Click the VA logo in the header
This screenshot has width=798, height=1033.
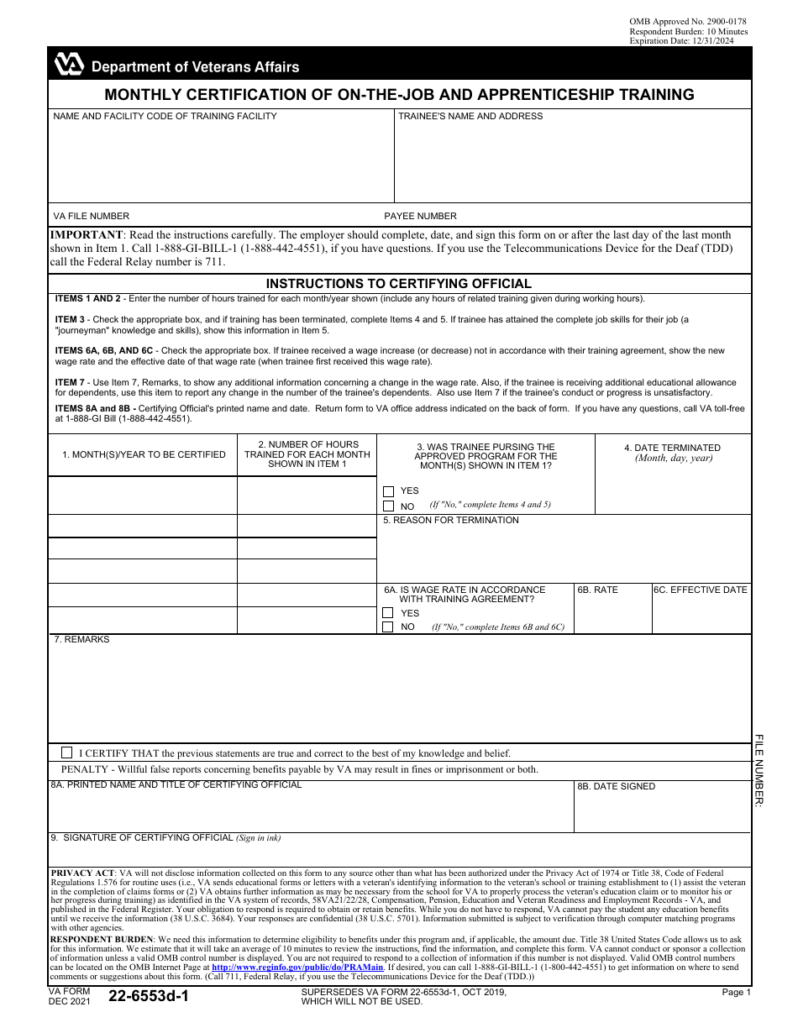(70, 64)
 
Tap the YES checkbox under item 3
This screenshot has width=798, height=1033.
(388, 491)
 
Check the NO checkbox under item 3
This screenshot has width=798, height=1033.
(388, 506)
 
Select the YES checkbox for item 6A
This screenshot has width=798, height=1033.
(388, 613)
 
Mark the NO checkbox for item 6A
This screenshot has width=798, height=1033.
(388, 627)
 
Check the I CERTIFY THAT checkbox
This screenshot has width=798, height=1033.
(67, 752)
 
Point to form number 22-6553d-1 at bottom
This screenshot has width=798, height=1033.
(148, 998)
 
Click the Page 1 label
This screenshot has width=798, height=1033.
(736, 992)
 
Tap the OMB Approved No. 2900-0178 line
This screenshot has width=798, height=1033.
(687, 21)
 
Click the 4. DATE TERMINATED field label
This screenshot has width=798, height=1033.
(672, 448)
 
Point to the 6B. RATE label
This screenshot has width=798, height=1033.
(597, 590)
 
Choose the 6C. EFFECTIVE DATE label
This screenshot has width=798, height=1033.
(701, 590)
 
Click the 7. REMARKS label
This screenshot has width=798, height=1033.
(81, 639)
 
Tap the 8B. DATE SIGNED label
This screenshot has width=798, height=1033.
(616, 786)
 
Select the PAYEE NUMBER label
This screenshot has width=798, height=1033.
(420, 216)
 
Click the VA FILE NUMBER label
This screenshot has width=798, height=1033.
(92, 216)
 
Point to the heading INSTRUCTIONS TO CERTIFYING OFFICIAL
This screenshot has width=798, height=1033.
(399, 284)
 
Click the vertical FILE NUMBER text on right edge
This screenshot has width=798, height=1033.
(759, 770)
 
